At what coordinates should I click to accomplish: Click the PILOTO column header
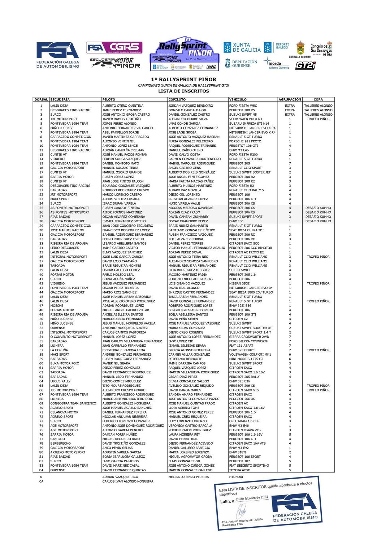(x=109, y=99)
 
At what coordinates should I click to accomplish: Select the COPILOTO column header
(x=177, y=99)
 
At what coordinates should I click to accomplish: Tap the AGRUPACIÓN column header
(x=290, y=99)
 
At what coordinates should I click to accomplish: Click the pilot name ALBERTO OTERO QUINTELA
(x=123, y=106)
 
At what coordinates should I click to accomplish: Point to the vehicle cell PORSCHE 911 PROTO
(x=245, y=141)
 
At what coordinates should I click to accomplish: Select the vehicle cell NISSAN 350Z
(x=239, y=283)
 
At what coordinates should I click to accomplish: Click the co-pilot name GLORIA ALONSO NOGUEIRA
(x=189, y=350)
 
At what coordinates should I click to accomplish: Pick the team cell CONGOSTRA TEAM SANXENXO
(x=73, y=403)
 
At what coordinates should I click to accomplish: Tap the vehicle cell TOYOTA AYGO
(x=239, y=470)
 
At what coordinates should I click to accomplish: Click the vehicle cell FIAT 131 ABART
(x=241, y=346)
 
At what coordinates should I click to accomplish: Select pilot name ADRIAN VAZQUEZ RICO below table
(x=120, y=477)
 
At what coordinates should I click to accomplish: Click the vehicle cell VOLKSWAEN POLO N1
(x=246, y=119)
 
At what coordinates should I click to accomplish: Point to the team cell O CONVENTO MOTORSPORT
(x=71, y=337)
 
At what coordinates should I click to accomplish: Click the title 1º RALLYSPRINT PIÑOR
(x=183, y=80)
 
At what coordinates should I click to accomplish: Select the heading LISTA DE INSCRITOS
(x=183, y=91)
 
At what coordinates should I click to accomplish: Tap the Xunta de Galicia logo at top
(x=242, y=47)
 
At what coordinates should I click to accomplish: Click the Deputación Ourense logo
(x=241, y=64)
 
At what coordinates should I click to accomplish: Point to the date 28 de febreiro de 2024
(x=252, y=498)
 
